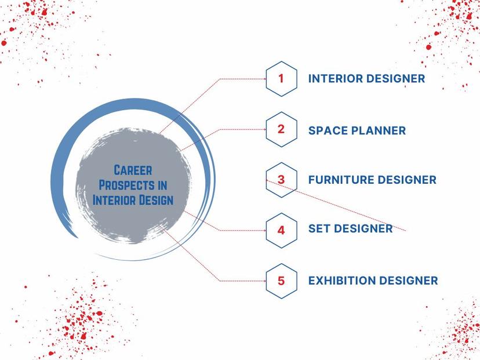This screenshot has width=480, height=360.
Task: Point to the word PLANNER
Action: pyautogui.click(x=379, y=130)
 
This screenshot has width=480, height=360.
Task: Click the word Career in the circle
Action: pyautogui.click(x=133, y=170)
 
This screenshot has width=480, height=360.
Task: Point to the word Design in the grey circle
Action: pyautogui.click(x=157, y=200)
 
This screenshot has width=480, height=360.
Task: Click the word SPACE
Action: pyautogui.click(x=328, y=130)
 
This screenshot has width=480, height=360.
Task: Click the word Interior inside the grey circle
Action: pyautogui.click(x=114, y=200)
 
